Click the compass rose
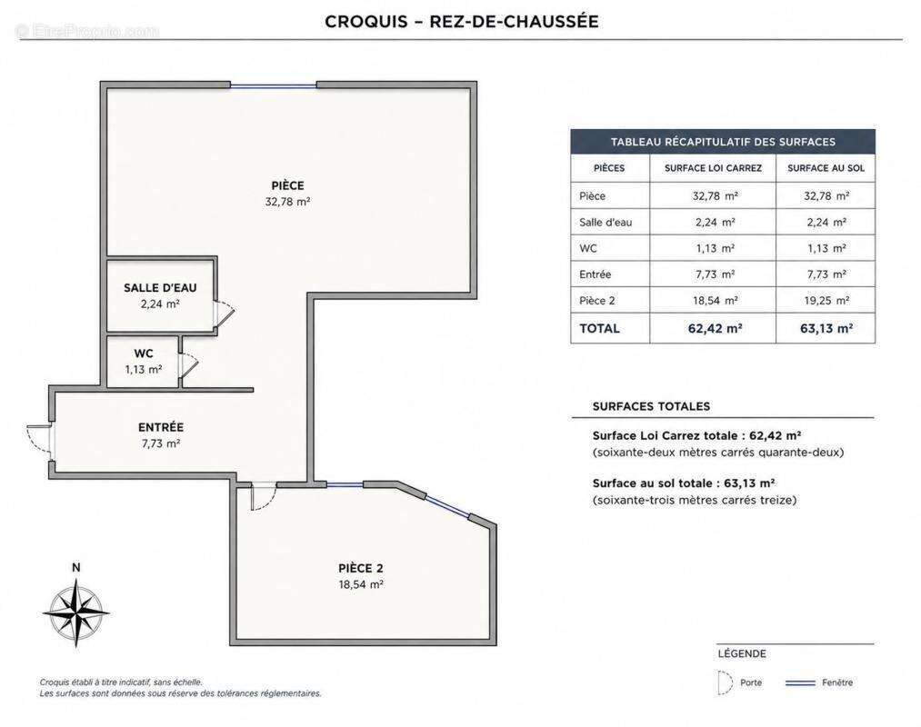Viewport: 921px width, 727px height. click(x=76, y=612)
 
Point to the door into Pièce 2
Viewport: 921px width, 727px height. click(x=264, y=496)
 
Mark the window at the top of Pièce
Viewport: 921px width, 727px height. click(x=273, y=85)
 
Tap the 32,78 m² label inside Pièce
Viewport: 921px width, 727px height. click(x=288, y=202)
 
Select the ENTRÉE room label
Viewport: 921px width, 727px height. click(x=161, y=427)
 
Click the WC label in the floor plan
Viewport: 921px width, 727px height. click(x=144, y=354)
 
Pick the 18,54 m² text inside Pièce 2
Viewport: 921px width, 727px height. click(x=361, y=584)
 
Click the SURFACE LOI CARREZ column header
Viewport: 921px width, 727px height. click(x=713, y=168)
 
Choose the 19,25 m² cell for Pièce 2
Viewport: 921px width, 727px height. click(x=826, y=301)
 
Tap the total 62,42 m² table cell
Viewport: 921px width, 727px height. click(x=715, y=328)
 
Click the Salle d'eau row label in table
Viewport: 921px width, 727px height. click(x=606, y=222)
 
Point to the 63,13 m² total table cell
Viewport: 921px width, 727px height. click(x=826, y=328)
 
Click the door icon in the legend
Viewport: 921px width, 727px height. click(x=726, y=682)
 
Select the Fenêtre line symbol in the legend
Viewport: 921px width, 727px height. click(x=801, y=682)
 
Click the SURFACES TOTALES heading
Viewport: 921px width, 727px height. click(x=651, y=406)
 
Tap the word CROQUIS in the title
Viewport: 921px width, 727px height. click(x=366, y=22)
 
